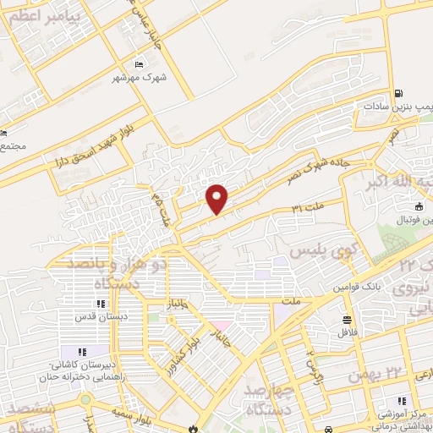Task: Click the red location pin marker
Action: point(217,197)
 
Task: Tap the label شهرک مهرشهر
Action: point(138,79)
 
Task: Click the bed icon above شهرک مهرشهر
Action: point(140,64)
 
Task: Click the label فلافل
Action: point(347,332)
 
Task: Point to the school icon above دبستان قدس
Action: point(100,304)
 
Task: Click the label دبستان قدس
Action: point(100,318)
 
